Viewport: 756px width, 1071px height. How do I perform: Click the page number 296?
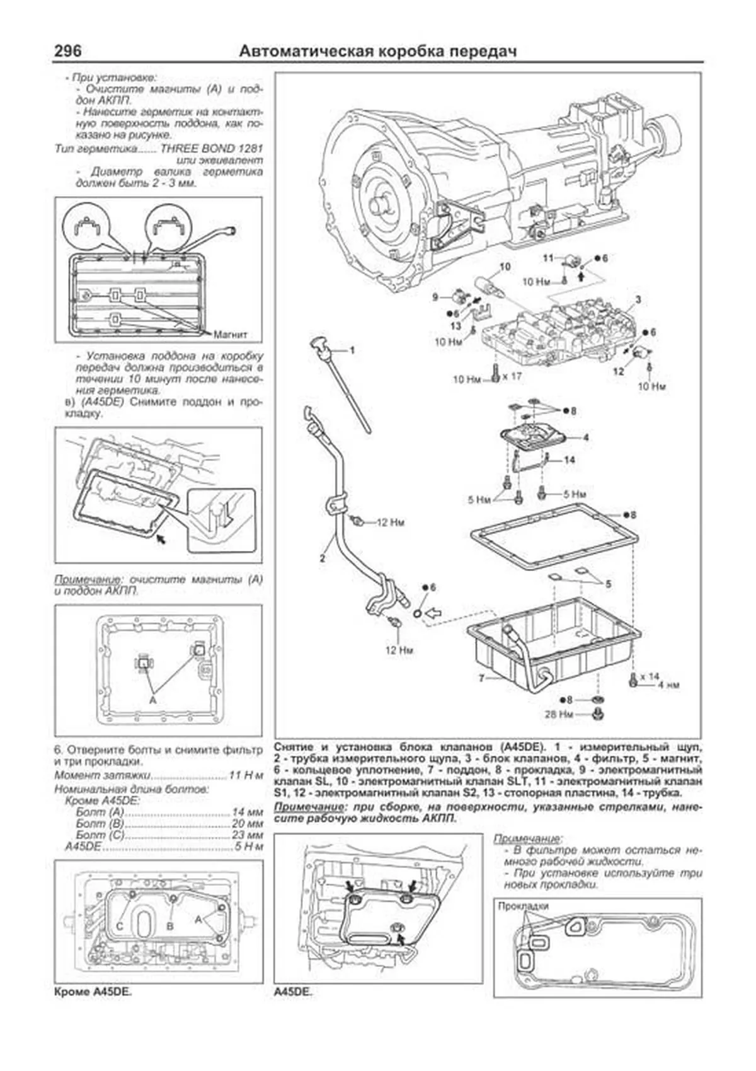(x=67, y=51)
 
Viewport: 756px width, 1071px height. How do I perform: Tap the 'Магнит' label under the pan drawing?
(x=231, y=334)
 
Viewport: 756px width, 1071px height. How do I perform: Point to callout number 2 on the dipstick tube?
(x=322, y=557)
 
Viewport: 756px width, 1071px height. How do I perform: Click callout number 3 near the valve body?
(x=638, y=299)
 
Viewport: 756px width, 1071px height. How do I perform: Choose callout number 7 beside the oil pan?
(x=481, y=679)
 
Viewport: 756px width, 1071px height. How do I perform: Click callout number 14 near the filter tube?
(x=569, y=460)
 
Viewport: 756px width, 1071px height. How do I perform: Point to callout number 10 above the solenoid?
(x=505, y=267)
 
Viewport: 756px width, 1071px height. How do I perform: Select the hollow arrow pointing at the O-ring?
(x=434, y=611)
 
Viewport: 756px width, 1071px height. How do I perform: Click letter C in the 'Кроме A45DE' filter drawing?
(x=119, y=925)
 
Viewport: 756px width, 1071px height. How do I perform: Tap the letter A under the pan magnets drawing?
(x=152, y=699)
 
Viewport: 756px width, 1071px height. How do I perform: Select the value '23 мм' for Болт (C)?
(x=248, y=835)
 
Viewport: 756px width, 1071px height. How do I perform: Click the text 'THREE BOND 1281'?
(x=212, y=149)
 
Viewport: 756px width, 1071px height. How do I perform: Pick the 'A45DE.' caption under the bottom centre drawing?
(x=293, y=992)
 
